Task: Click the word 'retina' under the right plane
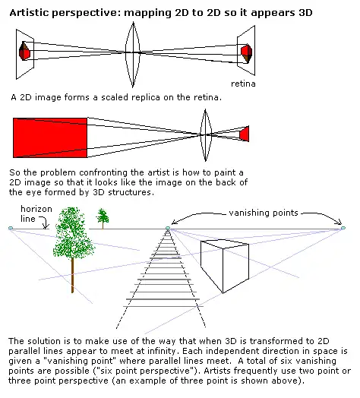click(243, 84)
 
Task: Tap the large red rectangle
click(50, 137)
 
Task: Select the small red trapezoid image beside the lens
click(245, 134)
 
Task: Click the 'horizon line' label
click(36, 213)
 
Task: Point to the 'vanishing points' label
click(264, 213)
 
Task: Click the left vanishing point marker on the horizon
click(11, 228)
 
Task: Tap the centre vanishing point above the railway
click(168, 229)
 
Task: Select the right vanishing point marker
click(343, 228)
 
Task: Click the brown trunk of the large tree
click(73, 275)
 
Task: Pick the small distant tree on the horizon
click(103, 218)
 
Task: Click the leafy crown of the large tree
click(74, 233)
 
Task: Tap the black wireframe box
click(224, 266)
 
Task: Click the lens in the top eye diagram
click(133, 55)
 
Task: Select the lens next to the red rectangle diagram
click(205, 135)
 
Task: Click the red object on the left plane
click(24, 51)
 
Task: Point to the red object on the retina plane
click(246, 53)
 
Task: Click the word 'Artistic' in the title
click(28, 12)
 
